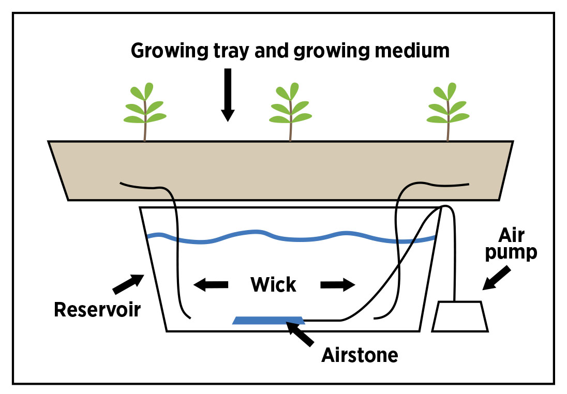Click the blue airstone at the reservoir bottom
(x=268, y=320)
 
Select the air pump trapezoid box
(x=460, y=316)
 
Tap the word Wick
(x=273, y=284)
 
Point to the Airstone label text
(x=360, y=355)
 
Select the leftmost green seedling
(x=145, y=109)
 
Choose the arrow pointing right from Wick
(x=337, y=284)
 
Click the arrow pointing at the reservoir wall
(x=126, y=283)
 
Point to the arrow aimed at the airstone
(x=300, y=334)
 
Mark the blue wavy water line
(x=290, y=237)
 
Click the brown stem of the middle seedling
(x=291, y=129)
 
